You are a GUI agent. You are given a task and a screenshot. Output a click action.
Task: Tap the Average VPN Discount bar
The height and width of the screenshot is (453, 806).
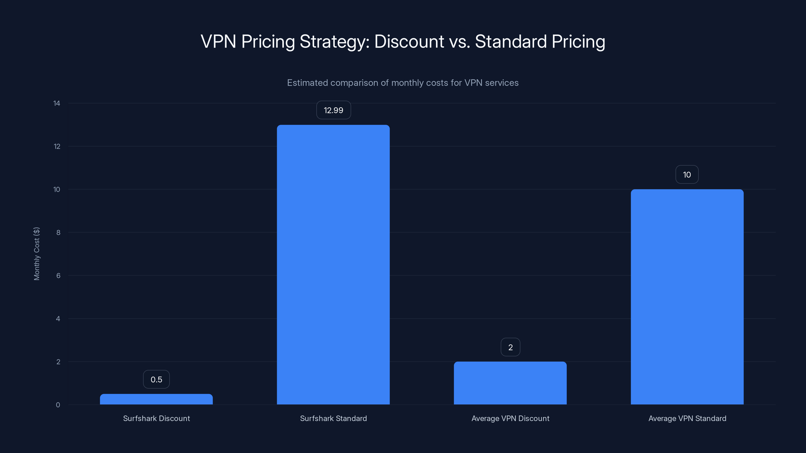click(510, 383)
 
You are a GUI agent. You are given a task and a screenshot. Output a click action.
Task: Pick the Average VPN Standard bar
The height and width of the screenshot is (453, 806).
click(687, 297)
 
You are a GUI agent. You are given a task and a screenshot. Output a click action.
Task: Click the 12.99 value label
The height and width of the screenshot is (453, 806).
click(333, 110)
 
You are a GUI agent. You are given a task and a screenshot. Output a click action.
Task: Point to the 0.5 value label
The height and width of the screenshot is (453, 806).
click(156, 379)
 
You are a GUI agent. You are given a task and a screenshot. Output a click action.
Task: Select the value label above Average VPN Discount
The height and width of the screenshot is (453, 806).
click(510, 347)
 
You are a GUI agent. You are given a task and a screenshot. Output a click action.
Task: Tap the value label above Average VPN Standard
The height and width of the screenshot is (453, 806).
click(687, 174)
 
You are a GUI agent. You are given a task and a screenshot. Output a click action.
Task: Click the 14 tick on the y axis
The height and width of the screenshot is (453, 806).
click(57, 103)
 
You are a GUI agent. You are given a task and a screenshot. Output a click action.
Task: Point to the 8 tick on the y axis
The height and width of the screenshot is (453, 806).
click(58, 232)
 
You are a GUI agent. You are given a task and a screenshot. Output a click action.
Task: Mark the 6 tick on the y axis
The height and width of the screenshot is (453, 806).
click(58, 275)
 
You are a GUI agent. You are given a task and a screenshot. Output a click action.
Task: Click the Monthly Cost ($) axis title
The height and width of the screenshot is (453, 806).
click(37, 253)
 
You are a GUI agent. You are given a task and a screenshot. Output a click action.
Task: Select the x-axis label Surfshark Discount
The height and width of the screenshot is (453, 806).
click(156, 418)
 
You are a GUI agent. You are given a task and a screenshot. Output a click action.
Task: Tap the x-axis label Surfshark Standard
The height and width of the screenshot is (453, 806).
click(333, 418)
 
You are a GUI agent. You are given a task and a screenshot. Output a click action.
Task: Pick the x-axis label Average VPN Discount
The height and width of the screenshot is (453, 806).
click(510, 418)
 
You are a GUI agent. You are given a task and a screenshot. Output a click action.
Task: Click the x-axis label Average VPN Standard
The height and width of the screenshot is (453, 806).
click(687, 418)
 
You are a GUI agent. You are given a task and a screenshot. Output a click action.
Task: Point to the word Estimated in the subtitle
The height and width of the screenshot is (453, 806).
click(308, 83)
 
